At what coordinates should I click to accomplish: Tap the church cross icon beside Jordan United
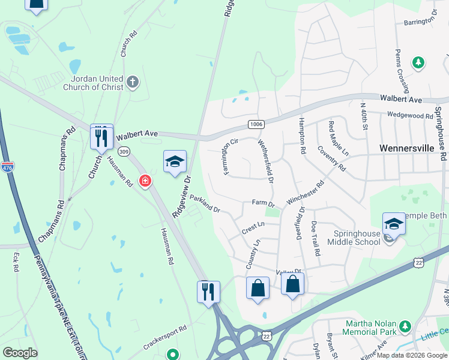[133, 80]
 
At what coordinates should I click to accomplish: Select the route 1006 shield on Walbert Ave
[256, 124]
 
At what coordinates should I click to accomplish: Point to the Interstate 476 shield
[8, 166]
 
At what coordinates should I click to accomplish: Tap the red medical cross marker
[145, 181]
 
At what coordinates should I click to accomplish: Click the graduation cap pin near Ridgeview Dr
[175, 161]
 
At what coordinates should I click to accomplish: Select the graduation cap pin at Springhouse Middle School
[394, 224]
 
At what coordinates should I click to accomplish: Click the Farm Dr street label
[263, 204]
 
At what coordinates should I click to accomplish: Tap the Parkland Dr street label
[205, 203]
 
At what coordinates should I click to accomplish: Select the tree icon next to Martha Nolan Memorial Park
[406, 326]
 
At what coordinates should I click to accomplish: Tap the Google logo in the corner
[20, 352]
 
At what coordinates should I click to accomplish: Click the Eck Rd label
[16, 259]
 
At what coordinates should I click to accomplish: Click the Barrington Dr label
[410, 21]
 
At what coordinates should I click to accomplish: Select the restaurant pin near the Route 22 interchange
[208, 292]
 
